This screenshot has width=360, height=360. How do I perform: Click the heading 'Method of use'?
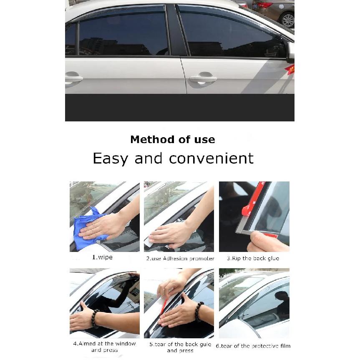click(x=173, y=139)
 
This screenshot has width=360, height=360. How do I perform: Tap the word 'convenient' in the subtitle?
click(x=211, y=158)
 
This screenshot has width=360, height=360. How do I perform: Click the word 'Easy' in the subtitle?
click(x=110, y=159)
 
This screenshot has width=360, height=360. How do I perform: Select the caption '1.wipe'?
click(x=102, y=257)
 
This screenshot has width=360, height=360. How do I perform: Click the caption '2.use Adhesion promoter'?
click(x=180, y=259)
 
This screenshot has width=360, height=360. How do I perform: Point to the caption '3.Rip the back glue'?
click(x=253, y=258)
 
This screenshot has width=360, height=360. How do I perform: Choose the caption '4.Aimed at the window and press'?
click(x=104, y=347)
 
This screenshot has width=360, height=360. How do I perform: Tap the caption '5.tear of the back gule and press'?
click(x=180, y=347)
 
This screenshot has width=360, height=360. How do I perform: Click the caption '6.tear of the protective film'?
click(x=253, y=346)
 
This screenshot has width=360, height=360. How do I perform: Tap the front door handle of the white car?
click(x=203, y=78)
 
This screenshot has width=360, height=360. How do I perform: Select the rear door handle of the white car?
click(x=73, y=79)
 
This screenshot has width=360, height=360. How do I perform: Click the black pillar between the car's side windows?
click(x=176, y=30)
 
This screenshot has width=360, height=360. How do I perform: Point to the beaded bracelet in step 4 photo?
click(x=95, y=318)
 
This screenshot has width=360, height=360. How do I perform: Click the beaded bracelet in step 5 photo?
click(x=199, y=312)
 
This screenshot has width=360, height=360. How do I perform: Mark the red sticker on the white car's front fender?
click(x=290, y=69)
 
